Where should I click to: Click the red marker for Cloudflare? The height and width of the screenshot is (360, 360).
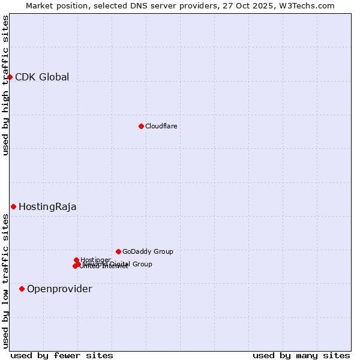(x=141, y=126)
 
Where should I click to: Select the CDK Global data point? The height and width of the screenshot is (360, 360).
(x=10, y=77)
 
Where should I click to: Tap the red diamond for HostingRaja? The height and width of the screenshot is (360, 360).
(x=13, y=206)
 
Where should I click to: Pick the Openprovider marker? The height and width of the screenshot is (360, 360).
(x=22, y=289)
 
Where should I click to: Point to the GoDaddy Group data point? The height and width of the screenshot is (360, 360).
(x=118, y=251)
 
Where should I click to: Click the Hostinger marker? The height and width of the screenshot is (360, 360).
(x=76, y=260)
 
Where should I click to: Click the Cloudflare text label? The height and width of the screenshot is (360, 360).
(x=161, y=126)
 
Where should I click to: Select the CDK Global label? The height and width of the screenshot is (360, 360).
(x=42, y=77)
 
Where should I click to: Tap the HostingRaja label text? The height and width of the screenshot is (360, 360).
(x=47, y=206)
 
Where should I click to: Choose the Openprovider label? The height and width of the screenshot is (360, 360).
(x=59, y=289)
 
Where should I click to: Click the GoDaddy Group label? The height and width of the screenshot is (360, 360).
(x=148, y=251)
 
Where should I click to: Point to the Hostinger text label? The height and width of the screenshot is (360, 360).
(x=95, y=260)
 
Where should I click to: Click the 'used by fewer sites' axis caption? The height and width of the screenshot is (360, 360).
(x=62, y=355)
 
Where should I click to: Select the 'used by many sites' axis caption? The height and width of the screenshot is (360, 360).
(x=301, y=355)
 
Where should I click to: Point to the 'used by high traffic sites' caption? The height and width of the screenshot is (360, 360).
(x=5, y=85)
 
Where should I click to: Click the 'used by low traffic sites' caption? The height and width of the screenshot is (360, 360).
(x=5, y=281)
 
